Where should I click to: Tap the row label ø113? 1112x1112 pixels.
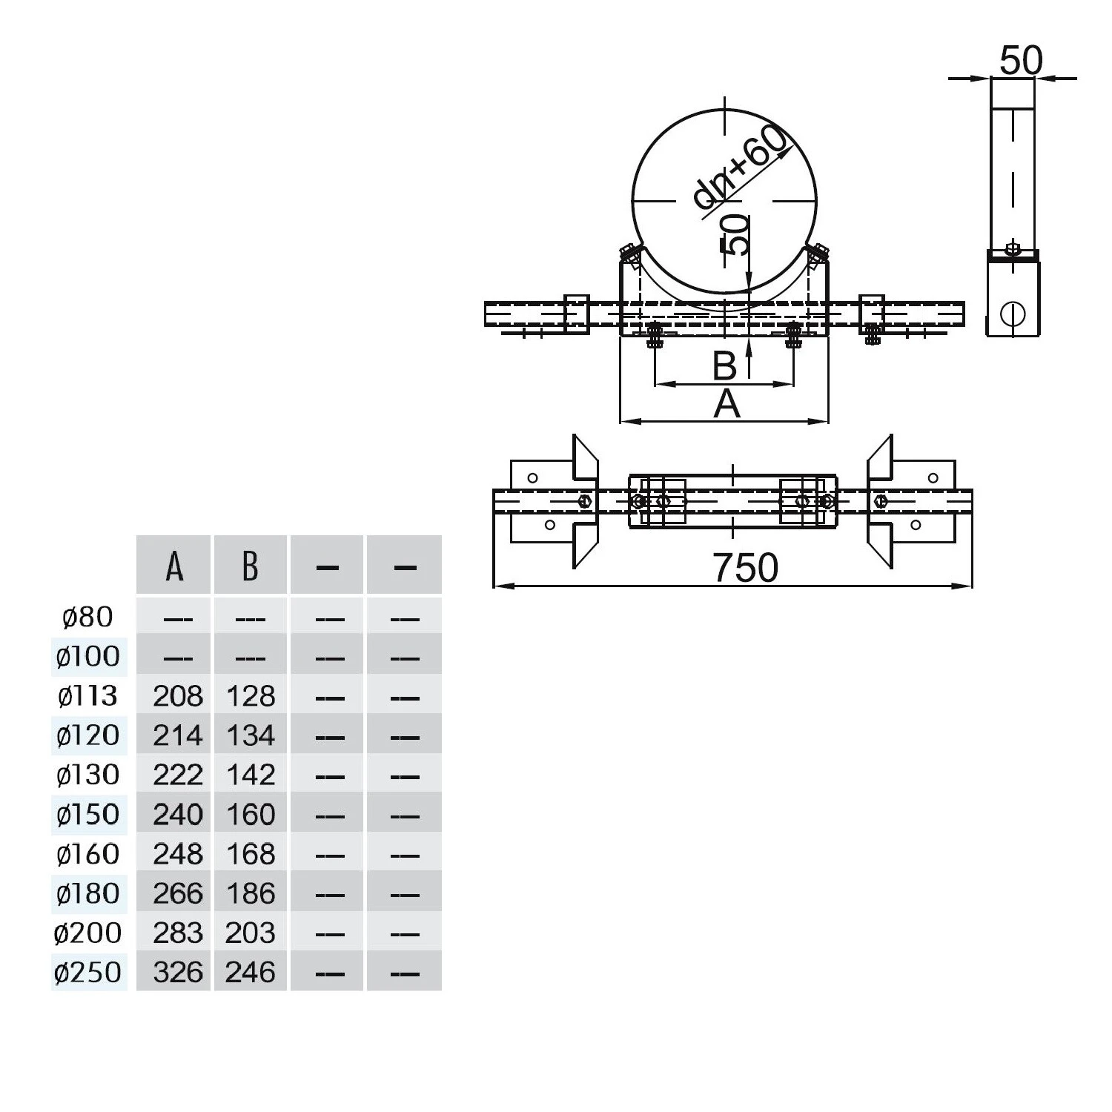87,695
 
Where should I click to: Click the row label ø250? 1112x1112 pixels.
87,972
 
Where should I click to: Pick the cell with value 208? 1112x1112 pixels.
178,695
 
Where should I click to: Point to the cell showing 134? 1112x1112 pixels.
251,735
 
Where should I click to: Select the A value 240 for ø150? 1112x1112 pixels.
178,814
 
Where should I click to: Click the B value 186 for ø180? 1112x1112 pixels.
251,893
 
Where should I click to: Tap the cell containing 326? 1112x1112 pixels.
178,972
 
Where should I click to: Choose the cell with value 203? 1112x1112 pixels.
251,933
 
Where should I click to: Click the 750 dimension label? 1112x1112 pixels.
746,568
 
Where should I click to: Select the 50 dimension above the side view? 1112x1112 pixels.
1021,60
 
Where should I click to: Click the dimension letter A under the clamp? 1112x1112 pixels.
727,404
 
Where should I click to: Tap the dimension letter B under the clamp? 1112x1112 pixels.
724,365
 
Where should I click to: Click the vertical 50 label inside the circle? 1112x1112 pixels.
735,234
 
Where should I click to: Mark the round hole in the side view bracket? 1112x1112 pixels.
1012,314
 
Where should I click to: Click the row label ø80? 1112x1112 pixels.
87,617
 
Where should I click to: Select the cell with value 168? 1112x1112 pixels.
251,854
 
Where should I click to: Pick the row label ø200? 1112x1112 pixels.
87,933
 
